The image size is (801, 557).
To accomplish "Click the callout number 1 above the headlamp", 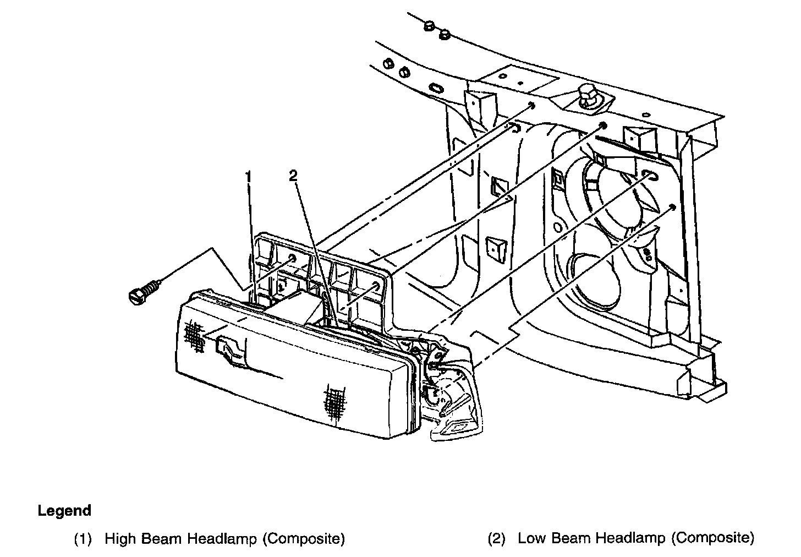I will [x=249, y=177].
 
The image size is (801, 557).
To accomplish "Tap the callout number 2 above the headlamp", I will [x=293, y=176].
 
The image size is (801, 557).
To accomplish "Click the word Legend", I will [x=64, y=511].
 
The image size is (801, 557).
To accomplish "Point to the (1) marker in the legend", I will [x=83, y=538].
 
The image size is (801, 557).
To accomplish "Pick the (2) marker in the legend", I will [x=496, y=538].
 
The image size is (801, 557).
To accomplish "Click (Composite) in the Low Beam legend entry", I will [x=713, y=538].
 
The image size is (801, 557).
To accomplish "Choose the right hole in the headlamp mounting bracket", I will [x=376, y=286].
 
